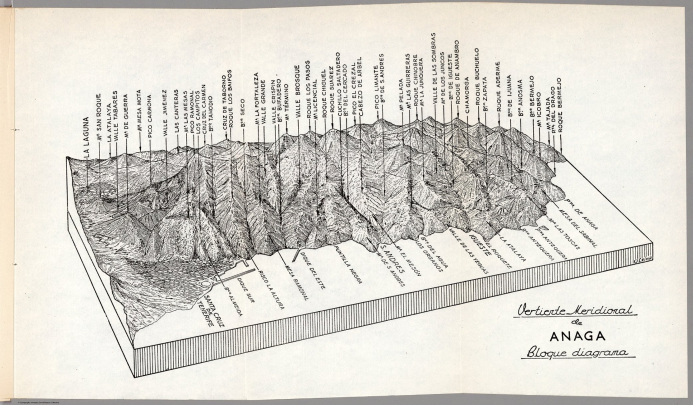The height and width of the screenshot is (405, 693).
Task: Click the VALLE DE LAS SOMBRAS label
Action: coord(434,68)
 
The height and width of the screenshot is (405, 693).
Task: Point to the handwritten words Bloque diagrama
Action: coord(577,353)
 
